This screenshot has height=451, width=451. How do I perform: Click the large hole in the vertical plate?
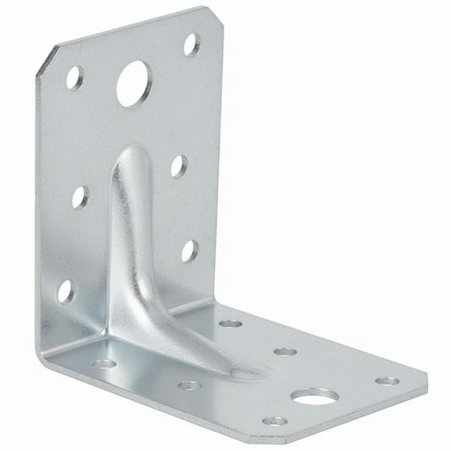[x=133, y=84]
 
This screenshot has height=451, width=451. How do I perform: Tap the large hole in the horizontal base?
[x=314, y=395]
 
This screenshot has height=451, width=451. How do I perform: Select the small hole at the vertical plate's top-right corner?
[x=192, y=44]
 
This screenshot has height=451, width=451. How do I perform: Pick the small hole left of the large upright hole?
[x=75, y=78]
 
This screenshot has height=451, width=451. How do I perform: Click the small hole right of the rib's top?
[x=179, y=165]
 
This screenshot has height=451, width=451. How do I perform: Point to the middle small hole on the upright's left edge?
[x=80, y=197]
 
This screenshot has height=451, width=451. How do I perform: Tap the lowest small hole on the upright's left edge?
[x=65, y=290]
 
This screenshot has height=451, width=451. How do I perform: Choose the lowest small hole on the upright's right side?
[x=189, y=250]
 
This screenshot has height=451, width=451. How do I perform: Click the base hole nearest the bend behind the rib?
[x=230, y=323]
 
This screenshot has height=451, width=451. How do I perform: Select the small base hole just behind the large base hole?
[x=286, y=351]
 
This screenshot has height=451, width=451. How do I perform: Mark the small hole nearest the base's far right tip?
[x=387, y=381]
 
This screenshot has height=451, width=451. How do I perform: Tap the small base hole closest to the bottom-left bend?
[x=105, y=364]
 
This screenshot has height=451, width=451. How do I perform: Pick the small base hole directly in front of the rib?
[x=189, y=385]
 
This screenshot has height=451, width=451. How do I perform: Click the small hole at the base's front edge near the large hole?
[x=274, y=420]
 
